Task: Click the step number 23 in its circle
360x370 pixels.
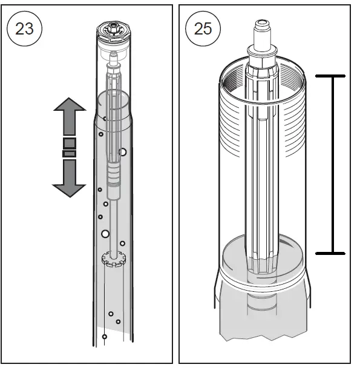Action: pyautogui.click(x=24, y=28)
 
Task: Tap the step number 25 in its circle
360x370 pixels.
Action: pyautogui.click(x=203, y=28)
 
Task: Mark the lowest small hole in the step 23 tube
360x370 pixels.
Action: pyautogui.click(x=105, y=336)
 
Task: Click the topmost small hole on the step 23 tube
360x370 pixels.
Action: pyautogui.click(x=104, y=119)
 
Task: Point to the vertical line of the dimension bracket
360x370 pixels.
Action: pyautogui.click(x=332, y=164)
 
